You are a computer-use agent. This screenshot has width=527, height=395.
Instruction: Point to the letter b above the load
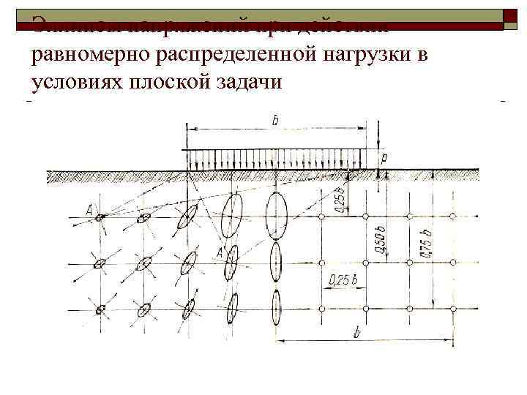coord(274,120)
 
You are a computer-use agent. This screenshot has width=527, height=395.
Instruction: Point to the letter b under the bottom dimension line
coord(356,333)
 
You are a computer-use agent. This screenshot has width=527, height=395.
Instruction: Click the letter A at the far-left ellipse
coord(89,211)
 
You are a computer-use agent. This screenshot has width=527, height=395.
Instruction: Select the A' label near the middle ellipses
coord(219,253)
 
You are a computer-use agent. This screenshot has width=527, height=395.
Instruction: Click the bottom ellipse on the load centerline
coord(275,307)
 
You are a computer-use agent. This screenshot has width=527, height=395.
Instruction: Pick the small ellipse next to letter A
coord(101,217)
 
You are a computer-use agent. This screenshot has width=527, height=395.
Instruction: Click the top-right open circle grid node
coord(453,217)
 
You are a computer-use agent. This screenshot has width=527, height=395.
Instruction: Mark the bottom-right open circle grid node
coord(453,309)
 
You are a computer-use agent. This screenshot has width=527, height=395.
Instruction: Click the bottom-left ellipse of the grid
coord(100,309)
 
